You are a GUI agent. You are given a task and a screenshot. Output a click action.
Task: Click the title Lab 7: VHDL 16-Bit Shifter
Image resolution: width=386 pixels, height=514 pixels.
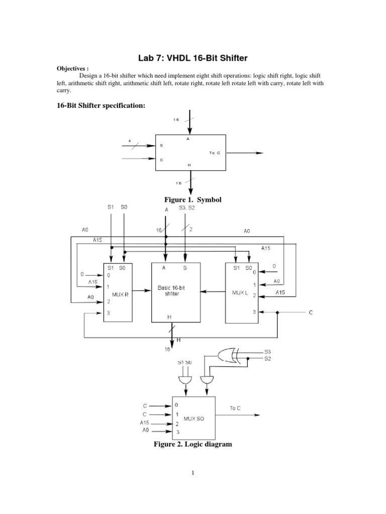click(x=193, y=59)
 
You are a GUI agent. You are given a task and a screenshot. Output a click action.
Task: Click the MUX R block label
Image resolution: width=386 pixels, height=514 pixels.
click(x=121, y=295)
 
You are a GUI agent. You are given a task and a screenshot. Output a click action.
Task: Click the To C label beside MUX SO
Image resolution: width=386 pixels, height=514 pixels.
click(x=236, y=408)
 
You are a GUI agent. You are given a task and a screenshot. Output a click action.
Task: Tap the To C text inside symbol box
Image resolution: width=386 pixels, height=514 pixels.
click(x=215, y=152)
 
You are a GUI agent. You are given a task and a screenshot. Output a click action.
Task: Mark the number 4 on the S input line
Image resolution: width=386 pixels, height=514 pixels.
click(x=130, y=141)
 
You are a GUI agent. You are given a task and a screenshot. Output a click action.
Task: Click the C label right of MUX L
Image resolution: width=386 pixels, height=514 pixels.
click(x=311, y=313)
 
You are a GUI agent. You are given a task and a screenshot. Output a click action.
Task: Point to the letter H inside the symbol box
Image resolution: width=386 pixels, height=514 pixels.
click(x=189, y=165)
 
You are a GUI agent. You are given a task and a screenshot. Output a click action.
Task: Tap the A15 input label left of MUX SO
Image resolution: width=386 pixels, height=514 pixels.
click(x=145, y=423)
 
